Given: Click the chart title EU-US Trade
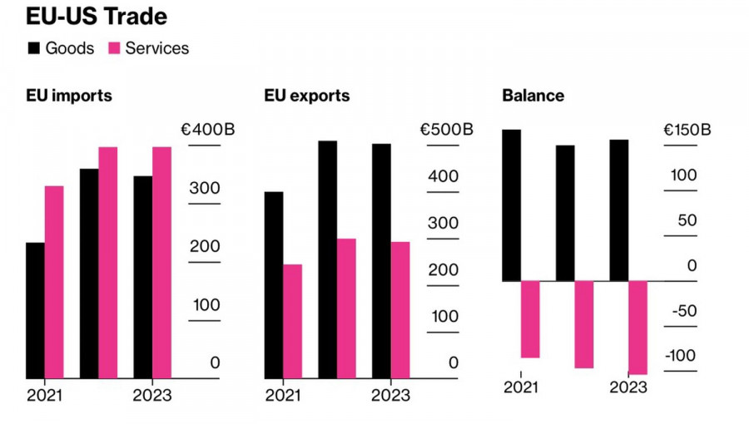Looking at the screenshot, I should point(96,17).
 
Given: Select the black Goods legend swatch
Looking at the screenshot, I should point(33,48).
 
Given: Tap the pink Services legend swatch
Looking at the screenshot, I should point(114,48).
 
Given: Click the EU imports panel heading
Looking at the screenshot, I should point(69,96).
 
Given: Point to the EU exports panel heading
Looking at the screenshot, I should point(307,96).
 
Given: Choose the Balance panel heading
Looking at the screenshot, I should point(533,96).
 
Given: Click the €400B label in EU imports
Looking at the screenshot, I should point(207,130).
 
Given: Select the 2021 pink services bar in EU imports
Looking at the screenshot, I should point(54,282).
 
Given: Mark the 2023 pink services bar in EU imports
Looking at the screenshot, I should point(161,263).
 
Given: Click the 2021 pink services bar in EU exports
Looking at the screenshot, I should point(292,321).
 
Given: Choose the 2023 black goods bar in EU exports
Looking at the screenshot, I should point(381,261).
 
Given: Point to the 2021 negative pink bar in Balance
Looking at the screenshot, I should point(530,319).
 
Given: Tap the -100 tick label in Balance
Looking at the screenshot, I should point(680,356).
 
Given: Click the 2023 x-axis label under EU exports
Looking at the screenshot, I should point(390,395).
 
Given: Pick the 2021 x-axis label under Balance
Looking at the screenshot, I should point(521,387).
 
